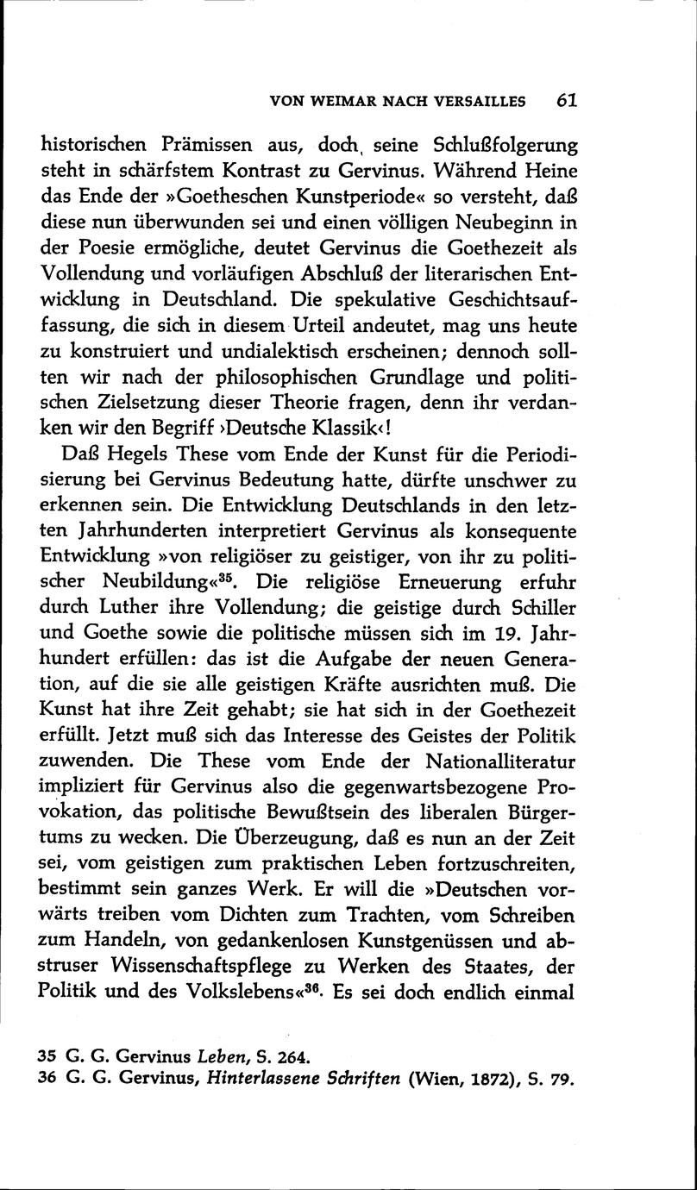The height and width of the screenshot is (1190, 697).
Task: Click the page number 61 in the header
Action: tap(566, 99)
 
